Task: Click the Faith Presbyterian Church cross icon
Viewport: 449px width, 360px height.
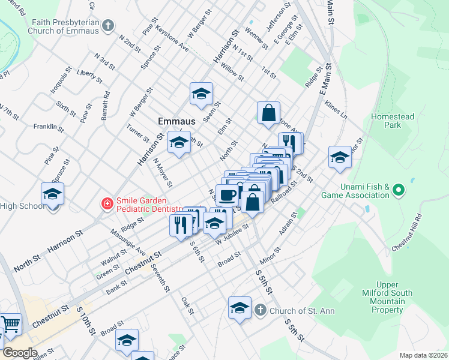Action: (x=107, y=25)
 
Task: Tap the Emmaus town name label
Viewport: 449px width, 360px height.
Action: (x=177, y=121)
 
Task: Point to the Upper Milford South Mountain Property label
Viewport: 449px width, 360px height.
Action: (x=387, y=297)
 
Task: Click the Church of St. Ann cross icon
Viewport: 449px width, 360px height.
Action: (x=260, y=310)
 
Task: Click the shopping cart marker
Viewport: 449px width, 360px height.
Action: (x=11, y=325)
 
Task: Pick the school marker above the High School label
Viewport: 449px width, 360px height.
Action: (x=53, y=194)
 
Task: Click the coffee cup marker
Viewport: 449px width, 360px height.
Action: (x=228, y=194)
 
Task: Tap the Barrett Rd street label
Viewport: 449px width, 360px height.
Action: (x=106, y=106)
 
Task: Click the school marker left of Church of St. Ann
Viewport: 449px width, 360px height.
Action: (x=240, y=308)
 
